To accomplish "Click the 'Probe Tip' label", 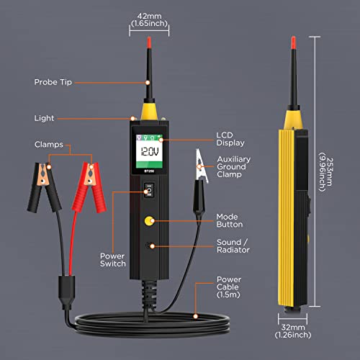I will (x=53, y=81).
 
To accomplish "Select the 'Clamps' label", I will (x=50, y=144).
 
